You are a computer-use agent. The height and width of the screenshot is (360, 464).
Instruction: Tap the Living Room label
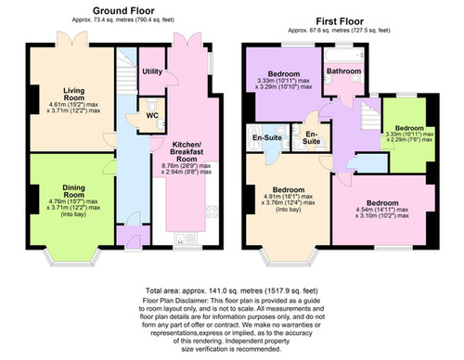(73, 95)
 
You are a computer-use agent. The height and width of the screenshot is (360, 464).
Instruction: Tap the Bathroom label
(343, 71)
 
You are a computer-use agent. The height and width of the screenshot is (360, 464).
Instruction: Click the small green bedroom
(408, 139)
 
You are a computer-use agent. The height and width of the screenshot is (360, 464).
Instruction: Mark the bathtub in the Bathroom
(342, 58)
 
